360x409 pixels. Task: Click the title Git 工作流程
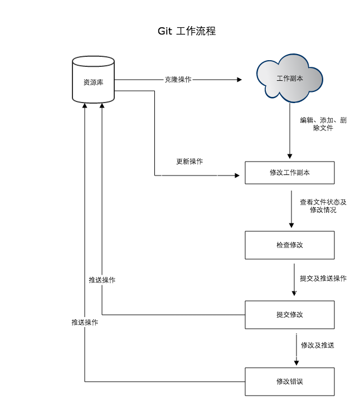click(186, 31)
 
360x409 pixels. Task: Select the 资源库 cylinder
click(94, 81)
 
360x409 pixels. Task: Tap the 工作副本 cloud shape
click(290, 79)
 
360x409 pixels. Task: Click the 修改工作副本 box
click(290, 173)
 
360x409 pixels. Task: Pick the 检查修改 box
click(290, 245)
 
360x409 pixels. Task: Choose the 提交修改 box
click(290, 314)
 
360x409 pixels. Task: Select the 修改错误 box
click(290, 382)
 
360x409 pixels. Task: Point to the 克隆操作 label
click(178, 80)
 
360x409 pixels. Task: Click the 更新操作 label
click(189, 162)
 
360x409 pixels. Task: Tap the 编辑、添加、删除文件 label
click(323, 124)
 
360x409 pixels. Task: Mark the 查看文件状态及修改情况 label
click(323, 206)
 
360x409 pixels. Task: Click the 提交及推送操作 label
click(323, 278)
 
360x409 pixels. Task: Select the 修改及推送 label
click(318, 345)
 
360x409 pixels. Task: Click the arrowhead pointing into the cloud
click(240, 80)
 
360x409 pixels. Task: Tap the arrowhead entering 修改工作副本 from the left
click(236, 176)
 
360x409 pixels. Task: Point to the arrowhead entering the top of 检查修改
click(291, 225)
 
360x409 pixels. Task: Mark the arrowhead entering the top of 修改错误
click(295, 363)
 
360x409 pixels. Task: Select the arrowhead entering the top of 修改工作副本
click(290, 155)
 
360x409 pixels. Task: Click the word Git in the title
click(164, 31)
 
